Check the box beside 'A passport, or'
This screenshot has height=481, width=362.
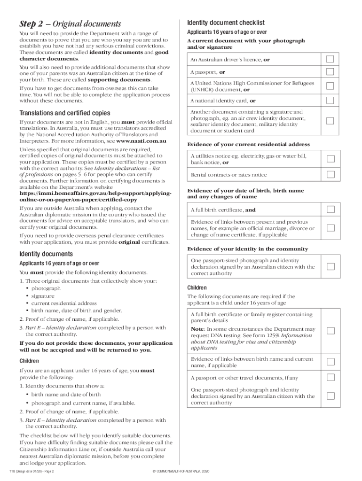pos(331,72)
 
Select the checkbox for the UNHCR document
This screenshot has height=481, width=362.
pos(331,86)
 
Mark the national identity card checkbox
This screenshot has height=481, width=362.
pos(331,101)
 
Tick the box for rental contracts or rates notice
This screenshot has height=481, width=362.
pos(331,175)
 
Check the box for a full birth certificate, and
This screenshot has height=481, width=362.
pos(331,209)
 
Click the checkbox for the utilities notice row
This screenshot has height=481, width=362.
pos(331,159)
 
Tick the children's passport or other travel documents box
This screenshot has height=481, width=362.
pos(331,377)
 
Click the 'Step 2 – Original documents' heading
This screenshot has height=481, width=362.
pos(70,24)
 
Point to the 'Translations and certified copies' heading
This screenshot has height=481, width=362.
pos(65,113)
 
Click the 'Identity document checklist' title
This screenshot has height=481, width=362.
pos(226,23)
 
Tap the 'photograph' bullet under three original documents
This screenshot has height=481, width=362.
pos(46,288)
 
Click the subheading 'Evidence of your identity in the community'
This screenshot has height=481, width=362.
pos(248,248)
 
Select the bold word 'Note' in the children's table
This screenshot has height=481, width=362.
pos(197,329)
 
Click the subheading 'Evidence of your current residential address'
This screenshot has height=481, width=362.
pos(248,144)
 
